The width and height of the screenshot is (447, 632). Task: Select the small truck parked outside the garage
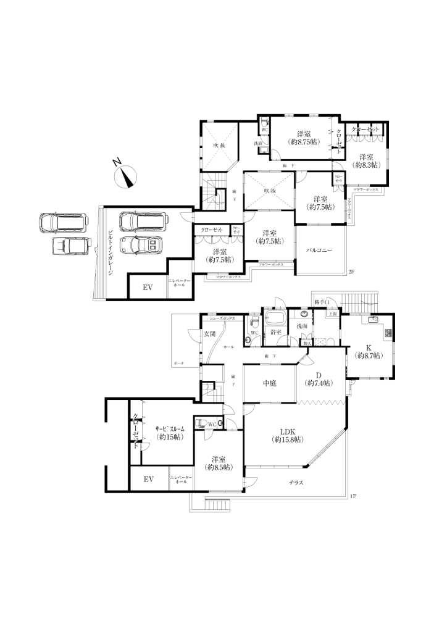pyautogui.click(x=70, y=245)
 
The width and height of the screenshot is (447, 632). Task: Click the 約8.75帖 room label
pyautogui.click(x=303, y=138)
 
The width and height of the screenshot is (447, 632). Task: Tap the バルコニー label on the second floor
pyautogui.click(x=320, y=250)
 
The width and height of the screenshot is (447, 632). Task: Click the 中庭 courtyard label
pyautogui.click(x=269, y=383)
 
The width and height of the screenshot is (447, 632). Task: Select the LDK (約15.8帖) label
pyautogui.click(x=286, y=435)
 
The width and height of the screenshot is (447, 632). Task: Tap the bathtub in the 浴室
pyautogui.click(x=274, y=320)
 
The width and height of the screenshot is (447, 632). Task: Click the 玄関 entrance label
pyautogui.click(x=209, y=334)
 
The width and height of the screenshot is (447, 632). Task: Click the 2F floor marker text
pyautogui.click(x=352, y=272)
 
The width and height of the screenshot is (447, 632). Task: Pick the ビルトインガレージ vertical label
pyautogui.click(x=110, y=253)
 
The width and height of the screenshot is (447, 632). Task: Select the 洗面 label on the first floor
pyautogui.click(x=301, y=326)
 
